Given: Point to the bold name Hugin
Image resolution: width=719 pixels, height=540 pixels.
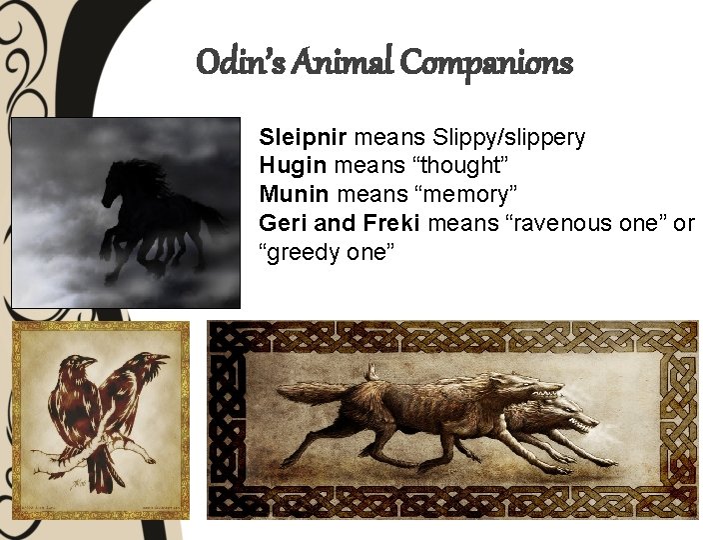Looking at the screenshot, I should pyautogui.click(x=285, y=165).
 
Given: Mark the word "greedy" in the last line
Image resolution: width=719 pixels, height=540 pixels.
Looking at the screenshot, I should pyautogui.click(x=304, y=252).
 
